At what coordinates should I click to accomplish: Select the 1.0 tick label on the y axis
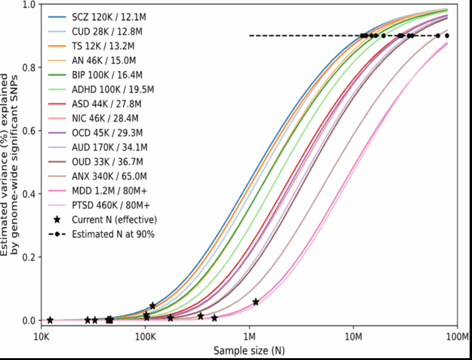click(25, 4)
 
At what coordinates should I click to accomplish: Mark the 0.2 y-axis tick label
click(25, 257)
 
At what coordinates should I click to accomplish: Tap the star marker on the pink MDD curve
click(255, 302)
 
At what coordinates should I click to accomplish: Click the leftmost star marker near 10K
click(50, 320)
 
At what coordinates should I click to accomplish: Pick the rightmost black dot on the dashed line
click(447, 36)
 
